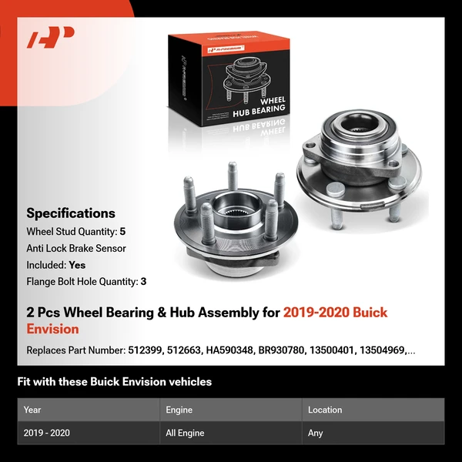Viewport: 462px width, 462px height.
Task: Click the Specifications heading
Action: point(71,213)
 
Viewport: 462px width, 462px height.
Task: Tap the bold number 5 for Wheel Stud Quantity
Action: point(123,231)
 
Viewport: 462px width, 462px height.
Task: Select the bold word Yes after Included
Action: point(77,264)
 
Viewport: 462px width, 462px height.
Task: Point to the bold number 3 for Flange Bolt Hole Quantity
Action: point(143,281)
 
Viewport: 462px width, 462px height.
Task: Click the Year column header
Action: point(32,410)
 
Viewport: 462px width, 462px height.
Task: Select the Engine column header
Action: point(179,410)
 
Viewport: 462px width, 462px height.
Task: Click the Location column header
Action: point(325,410)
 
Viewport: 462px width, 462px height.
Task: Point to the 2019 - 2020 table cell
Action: point(47,433)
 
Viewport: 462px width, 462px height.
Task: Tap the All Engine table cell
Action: point(186,433)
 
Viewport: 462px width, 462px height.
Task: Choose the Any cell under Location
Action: point(316,433)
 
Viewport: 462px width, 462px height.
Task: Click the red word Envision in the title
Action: point(53,330)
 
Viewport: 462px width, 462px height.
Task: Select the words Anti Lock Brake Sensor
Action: point(76,248)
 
